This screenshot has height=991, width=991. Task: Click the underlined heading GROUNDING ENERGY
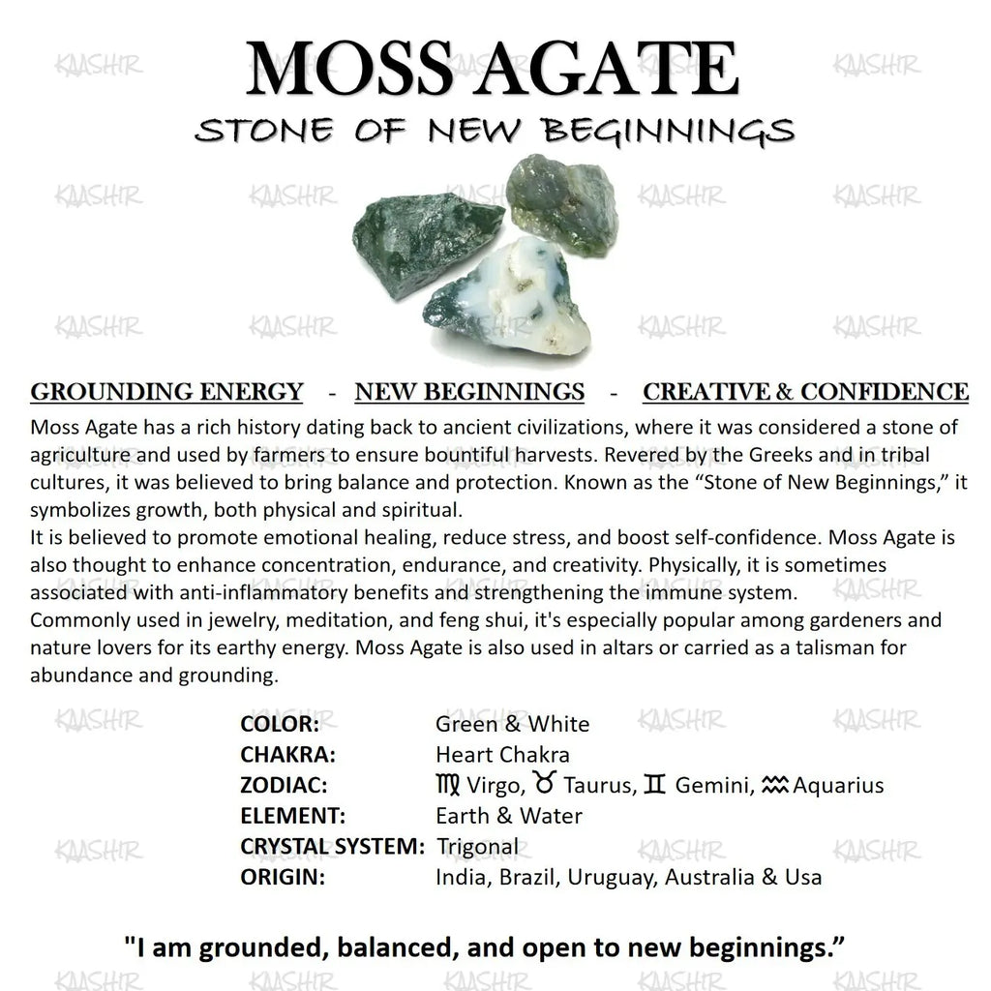point(166,391)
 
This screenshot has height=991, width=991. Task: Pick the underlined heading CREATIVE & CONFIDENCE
point(805,391)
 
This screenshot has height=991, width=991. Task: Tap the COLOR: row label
point(279,724)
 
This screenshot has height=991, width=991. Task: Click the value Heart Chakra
point(502,754)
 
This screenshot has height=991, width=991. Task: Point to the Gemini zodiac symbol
point(654,784)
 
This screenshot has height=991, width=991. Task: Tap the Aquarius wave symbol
point(775,784)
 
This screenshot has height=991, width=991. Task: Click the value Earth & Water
point(508,815)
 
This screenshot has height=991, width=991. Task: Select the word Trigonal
point(478,846)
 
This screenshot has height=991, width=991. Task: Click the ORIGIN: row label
point(281,877)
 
